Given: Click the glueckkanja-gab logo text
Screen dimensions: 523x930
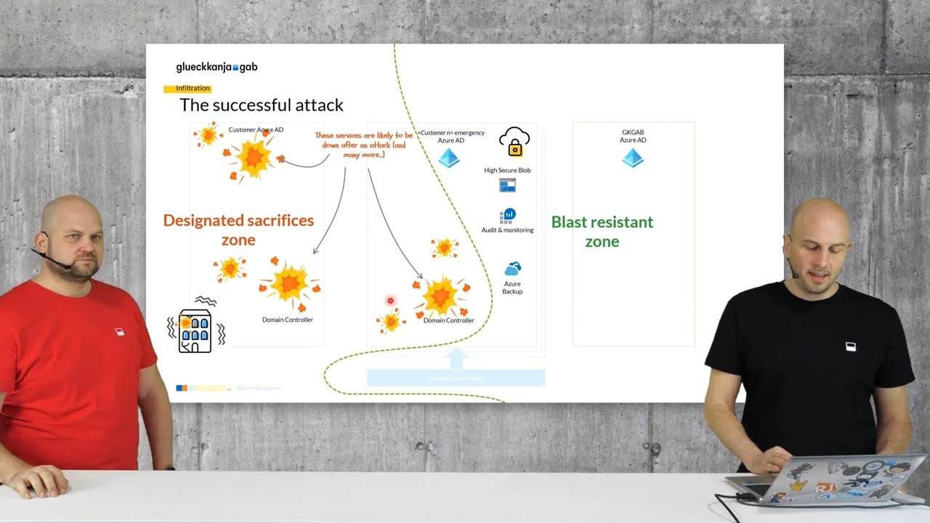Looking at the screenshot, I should point(217,67).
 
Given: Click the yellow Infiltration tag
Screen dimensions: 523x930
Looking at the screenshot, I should point(192,89).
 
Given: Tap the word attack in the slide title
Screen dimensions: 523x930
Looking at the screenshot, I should point(315,105).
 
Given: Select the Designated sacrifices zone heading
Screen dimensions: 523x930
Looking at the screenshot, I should point(238,230).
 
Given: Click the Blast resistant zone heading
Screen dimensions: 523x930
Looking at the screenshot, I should point(602,231).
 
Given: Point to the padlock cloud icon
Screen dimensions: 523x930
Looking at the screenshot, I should point(514,142).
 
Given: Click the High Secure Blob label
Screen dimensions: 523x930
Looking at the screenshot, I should point(507,170).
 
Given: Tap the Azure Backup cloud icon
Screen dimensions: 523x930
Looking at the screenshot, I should point(512,269).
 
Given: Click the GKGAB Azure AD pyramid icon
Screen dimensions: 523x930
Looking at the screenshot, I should point(633,158).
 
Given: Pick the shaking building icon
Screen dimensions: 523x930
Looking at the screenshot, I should point(195,331).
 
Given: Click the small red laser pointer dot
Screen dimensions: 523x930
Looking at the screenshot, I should point(390,301).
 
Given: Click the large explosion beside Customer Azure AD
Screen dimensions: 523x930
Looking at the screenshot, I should point(254,158).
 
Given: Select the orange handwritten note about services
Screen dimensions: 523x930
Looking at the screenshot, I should point(363,145).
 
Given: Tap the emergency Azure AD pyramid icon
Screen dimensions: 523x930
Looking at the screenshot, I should point(448,158).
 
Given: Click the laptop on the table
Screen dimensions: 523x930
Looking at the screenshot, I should point(828,479).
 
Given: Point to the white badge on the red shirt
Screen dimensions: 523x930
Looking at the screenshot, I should point(120,332).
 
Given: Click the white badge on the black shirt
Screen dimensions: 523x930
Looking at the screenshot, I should point(851,346).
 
